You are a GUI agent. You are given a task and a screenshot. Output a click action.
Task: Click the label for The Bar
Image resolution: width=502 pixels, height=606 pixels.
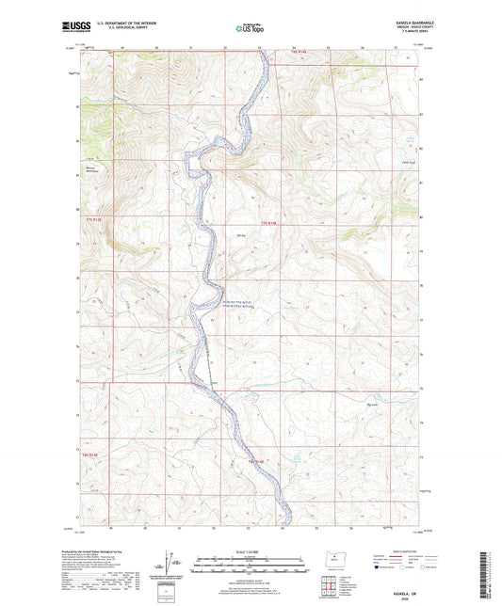point(242,235)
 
